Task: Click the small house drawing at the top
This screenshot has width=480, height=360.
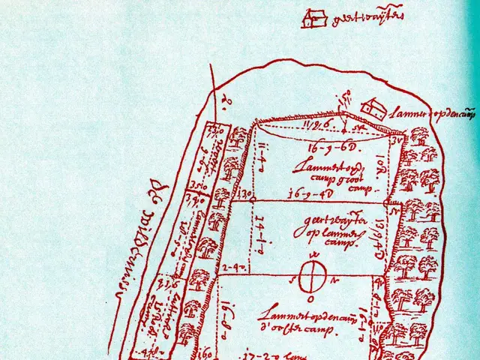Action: coord(314,18)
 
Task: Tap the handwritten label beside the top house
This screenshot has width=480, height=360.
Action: coord(357,16)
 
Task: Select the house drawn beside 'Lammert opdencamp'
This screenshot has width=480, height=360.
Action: coord(373,109)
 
